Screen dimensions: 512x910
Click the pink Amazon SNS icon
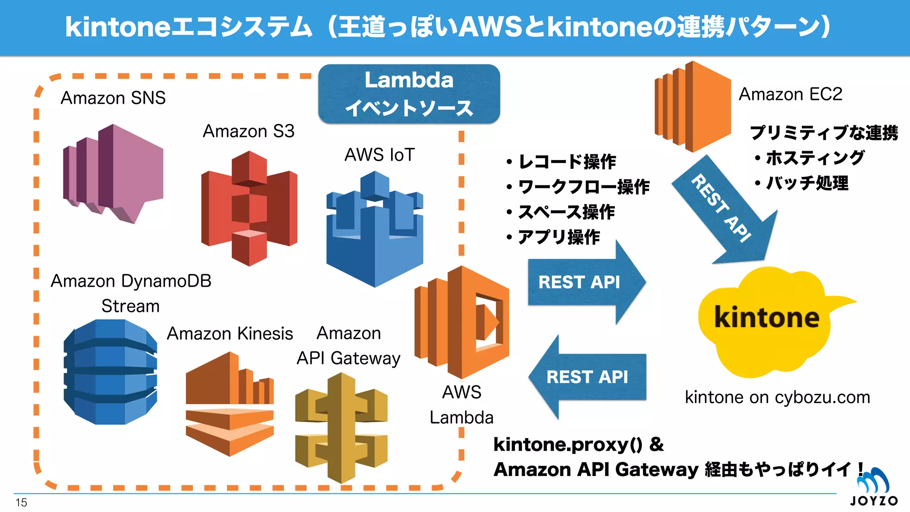click(x=113, y=173)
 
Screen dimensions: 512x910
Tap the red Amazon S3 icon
click(x=249, y=208)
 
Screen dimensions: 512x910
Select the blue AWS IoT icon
click(x=375, y=229)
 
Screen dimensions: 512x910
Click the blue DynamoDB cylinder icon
click(x=110, y=372)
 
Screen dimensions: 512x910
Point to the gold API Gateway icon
click(x=341, y=428)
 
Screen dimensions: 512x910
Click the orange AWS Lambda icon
click(x=462, y=322)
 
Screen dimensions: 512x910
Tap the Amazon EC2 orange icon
click(x=692, y=107)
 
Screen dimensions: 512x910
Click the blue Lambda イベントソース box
click(x=409, y=94)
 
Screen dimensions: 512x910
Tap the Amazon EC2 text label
click(x=790, y=94)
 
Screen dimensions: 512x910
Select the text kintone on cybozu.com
click(x=777, y=397)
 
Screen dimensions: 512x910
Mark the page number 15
click(x=21, y=503)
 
